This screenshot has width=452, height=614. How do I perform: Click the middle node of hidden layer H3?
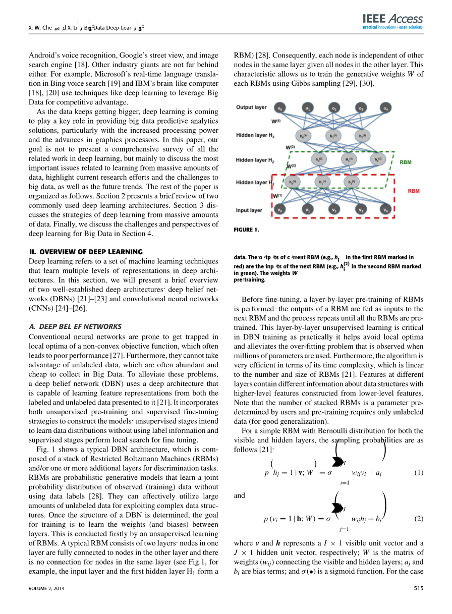[x=333, y=136]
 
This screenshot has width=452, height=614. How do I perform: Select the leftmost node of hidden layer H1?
[x=291, y=182]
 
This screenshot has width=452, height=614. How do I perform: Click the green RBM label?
[x=406, y=163]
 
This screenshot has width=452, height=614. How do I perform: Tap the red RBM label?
[x=414, y=191]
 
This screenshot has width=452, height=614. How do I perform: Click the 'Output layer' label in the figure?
[x=251, y=107]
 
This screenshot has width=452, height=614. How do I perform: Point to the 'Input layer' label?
[x=249, y=210]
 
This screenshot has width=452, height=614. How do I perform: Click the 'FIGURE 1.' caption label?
[x=247, y=230]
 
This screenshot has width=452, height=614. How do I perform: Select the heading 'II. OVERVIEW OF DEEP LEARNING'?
[x=86, y=252]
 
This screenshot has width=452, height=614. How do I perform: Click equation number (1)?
[x=418, y=473]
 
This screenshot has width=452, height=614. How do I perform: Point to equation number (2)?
[x=418, y=519]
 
